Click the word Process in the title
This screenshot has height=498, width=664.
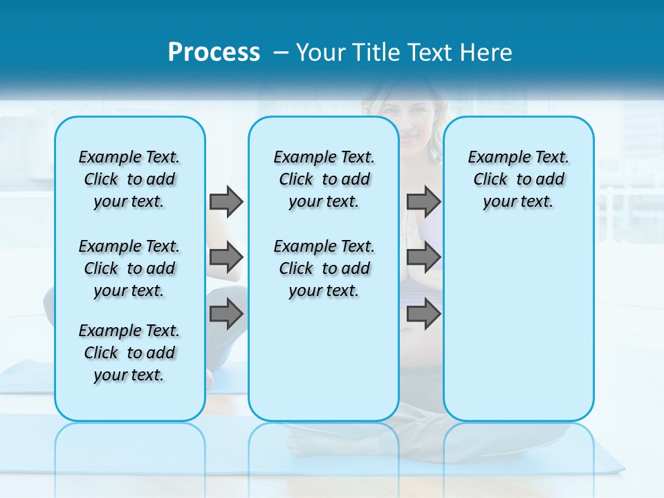point(214,53)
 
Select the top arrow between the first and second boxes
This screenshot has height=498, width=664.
point(226,201)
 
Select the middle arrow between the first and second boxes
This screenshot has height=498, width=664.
point(226,257)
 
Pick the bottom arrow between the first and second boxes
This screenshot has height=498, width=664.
point(226,313)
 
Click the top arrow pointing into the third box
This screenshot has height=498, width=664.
point(423,201)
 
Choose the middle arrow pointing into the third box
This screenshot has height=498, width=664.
point(423,257)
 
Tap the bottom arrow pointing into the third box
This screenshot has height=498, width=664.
point(423,313)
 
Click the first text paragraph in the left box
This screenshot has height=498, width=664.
point(129,179)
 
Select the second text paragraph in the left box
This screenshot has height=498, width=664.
point(129,268)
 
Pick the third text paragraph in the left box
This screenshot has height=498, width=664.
point(129,353)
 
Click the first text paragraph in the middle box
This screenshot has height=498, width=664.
point(324,179)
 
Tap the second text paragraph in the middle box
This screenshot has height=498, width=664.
point(324,268)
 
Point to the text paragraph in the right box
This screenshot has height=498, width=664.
point(518,179)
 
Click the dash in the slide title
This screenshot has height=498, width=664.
point(281,53)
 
